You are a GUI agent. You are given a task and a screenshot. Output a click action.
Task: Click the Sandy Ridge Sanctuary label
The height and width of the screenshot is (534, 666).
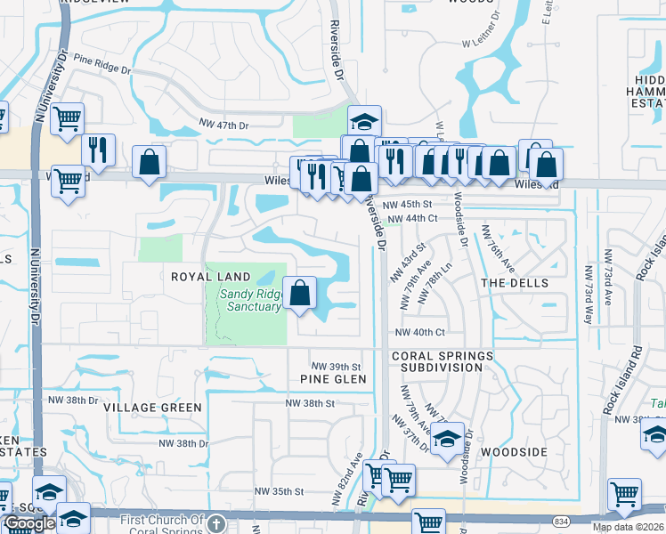tap(246, 300)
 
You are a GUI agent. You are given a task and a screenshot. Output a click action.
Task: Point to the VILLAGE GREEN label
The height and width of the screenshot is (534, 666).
tap(152, 407)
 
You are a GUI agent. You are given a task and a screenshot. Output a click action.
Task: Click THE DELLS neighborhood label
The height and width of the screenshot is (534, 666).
tap(511, 282)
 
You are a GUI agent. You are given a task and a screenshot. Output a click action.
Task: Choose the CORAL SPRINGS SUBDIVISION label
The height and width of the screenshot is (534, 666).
tap(443, 360)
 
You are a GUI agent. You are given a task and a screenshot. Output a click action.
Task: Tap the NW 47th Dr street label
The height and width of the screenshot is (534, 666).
tap(223, 125)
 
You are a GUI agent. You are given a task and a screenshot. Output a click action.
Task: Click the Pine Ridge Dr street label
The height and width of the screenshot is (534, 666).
tap(115, 64)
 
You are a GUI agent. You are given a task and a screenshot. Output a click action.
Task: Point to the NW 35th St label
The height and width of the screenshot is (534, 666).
tap(279, 491)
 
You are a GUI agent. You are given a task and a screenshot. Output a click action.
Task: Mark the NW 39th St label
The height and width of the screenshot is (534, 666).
tap(336, 367)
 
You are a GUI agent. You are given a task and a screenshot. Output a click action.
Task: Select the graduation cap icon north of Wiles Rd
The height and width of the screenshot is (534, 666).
tap(363, 121)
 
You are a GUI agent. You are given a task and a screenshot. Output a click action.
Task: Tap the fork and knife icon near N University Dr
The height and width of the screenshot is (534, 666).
tap(98, 149)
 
